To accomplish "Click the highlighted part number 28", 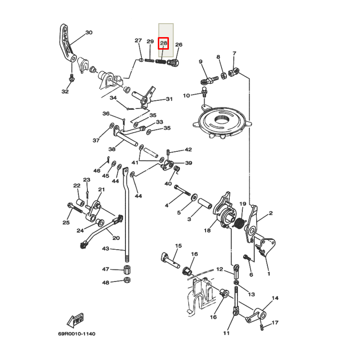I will pos(164,44).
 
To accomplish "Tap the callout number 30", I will pos(89,33).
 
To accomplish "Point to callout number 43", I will pos(106,248).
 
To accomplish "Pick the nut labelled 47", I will pos(127,269).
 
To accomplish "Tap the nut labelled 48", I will pos(127,280).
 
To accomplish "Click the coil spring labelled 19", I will pos(238,223).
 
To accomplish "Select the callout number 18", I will pos(207,231).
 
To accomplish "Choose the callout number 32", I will pos(65,91).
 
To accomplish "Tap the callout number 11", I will pos(226,333).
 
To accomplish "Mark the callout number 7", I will pos(234,53).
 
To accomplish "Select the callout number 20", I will pos(116,238).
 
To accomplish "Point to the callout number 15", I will pos(178,246).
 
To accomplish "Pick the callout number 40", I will pos(168,184).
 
